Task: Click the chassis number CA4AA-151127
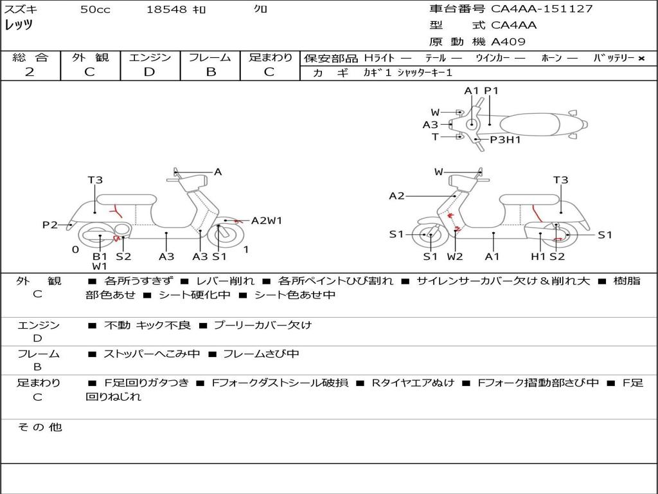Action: click(542, 9)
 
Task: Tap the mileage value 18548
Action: click(166, 10)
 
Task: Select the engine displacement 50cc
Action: click(95, 10)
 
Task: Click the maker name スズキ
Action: click(21, 10)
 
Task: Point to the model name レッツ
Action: click(19, 26)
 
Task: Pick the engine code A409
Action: click(508, 42)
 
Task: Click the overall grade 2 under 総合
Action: click(30, 72)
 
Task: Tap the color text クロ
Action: click(261, 10)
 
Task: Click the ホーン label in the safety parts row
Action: click(551, 58)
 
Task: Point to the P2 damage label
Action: click(50, 225)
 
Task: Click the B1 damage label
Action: click(100, 257)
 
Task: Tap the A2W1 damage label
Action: click(267, 221)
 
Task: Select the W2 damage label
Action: click(455, 257)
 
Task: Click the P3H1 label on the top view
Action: click(505, 140)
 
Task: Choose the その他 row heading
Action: click(39, 427)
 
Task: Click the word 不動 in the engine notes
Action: click(116, 325)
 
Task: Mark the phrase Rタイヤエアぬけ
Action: click(413, 383)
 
